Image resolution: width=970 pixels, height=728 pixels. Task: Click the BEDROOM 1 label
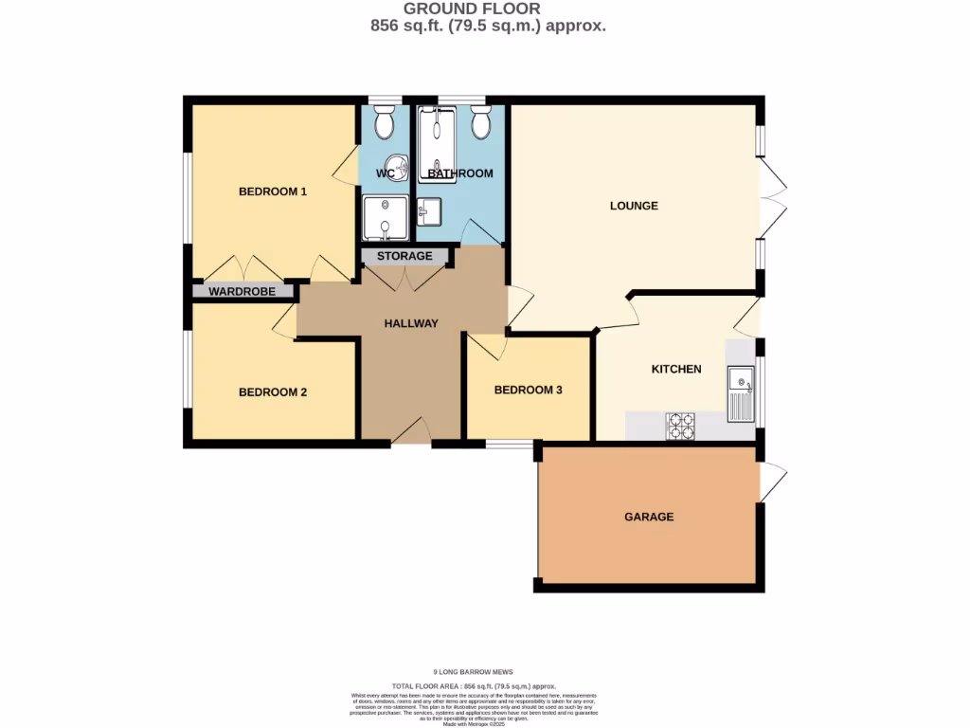coord(272,191)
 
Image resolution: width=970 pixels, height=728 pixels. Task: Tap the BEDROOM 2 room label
coord(272,392)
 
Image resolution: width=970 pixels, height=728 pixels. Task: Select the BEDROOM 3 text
coord(529,390)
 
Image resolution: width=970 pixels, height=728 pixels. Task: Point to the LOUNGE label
coord(634,206)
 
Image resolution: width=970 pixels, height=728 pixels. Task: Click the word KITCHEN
coord(675,369)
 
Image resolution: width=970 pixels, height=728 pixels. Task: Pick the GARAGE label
coord(649,517)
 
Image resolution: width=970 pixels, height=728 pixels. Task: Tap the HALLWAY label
coord(411,323)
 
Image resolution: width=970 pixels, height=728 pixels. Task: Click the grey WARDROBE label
coord(242,292)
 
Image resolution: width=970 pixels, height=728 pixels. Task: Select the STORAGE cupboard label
coord(404,256)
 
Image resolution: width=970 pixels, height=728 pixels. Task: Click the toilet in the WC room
coord(384,121)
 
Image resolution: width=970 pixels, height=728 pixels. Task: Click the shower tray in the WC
coord(385,218)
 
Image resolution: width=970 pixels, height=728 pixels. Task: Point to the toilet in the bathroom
coord(480,121)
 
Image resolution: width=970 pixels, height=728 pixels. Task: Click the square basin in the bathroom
coord(428,211)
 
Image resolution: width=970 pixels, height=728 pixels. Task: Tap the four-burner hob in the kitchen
coord(681,427)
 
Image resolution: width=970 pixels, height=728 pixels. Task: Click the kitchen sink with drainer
coord(739,393)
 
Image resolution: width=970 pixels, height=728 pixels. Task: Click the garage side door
coord(772,482)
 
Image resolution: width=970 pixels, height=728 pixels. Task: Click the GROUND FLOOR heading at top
coord(486,9)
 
